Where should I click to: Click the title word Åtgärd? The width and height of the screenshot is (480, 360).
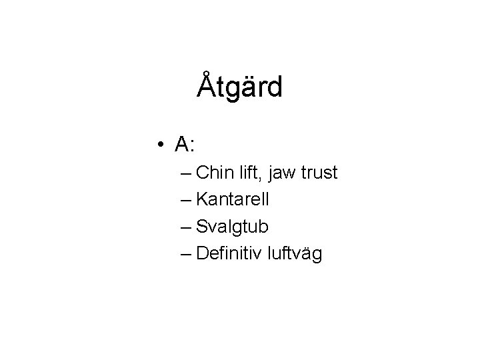tap(240, 86)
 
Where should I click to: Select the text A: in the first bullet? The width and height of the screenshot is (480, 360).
tap(184, 143)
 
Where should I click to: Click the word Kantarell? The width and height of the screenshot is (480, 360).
tap(230, 200)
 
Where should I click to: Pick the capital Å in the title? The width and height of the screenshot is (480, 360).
tap(207, 85)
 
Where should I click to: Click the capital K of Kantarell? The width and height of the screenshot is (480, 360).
tap(202, 200)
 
